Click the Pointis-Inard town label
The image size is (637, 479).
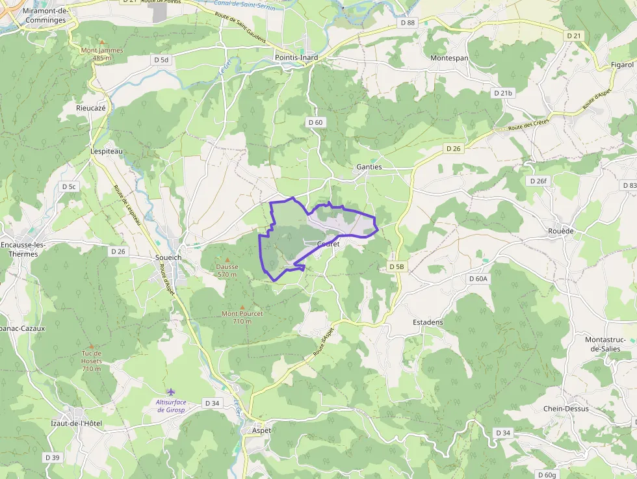pos(296,57)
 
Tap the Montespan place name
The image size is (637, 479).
pos(449,58)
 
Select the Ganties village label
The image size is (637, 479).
pos(369,167)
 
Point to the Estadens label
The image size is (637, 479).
pos(428,322)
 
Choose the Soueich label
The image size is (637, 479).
pos(168,258)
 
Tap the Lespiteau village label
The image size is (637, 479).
pos(106,151)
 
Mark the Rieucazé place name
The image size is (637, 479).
pos(91,108)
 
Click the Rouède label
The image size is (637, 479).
pos(561,231)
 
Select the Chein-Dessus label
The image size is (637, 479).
pos(566,409)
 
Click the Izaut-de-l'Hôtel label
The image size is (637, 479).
pos(77,424)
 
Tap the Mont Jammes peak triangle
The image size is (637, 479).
pos(101,42)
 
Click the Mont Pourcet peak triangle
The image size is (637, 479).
pos(242,307)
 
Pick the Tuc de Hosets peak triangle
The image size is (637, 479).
pos(91,346)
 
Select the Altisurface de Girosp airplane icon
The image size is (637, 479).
pos(171,392)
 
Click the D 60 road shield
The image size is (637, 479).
pos(315,122)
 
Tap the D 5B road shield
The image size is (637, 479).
pos(396,266)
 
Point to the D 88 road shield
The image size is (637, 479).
pos(407,23)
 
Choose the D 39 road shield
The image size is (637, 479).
pos(53,458)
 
